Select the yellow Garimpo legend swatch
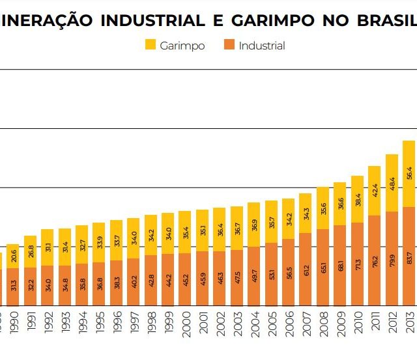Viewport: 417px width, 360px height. [x=150, y=46]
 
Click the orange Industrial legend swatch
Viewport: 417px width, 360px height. [x=229, y=46]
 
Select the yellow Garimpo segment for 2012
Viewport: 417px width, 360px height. [x=392, y=183]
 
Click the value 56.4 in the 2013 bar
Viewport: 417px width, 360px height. [x=409, y=173]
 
